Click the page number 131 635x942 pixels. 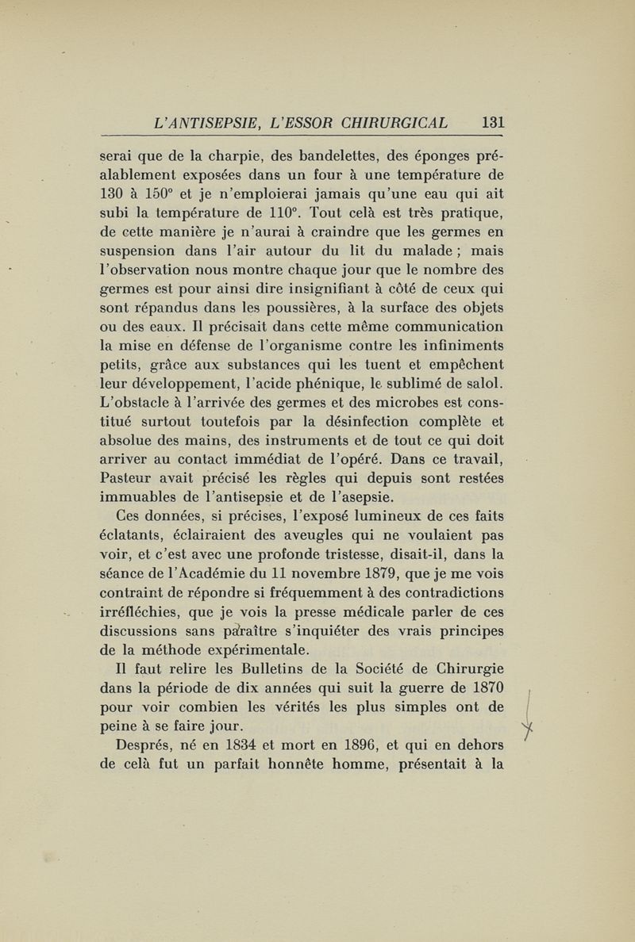click(x=493, y=123)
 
